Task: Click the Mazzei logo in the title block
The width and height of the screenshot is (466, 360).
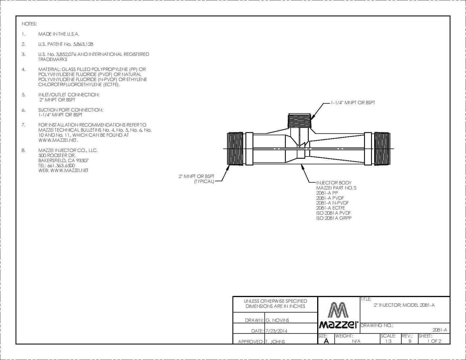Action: point(339,315)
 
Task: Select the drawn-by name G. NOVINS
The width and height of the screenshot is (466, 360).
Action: point(277,320)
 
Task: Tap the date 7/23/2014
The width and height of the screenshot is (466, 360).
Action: point(276,331)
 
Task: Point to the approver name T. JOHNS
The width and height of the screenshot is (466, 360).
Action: point(275,342)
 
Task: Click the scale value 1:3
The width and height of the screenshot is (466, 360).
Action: point(388,341)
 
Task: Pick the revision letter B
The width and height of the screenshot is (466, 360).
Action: point(410,341)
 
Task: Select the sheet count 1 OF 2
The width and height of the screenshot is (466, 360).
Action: point(434,341)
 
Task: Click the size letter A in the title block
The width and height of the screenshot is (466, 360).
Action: point(326,341)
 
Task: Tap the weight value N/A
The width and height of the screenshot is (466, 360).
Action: point(356,341)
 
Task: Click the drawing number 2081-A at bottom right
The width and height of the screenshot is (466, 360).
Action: point(439,330)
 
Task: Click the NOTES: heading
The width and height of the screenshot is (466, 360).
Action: point(29,24)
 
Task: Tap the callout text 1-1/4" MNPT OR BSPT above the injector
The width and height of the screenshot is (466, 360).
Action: point(353,103)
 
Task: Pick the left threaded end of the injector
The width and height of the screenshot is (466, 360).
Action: point(235,149)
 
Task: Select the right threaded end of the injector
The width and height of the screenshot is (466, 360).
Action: point(382,149)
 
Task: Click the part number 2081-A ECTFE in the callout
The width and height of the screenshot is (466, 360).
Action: point(331,208)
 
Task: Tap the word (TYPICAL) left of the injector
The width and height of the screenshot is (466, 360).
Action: point(204,181)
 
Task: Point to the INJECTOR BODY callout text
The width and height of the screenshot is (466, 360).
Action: point(334,183)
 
